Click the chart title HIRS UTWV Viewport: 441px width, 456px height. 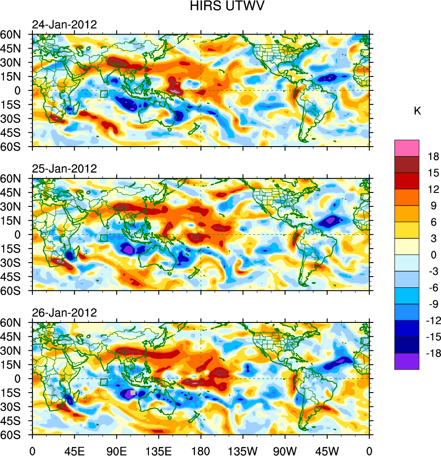tap(220, 6)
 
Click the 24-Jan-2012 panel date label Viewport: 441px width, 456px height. tap(64, 25)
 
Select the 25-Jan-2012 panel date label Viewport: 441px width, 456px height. tap(64, 169)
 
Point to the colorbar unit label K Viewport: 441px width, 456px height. tap(417, 111)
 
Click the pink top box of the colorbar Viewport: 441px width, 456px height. tap(407, 148)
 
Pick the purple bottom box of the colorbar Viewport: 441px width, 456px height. tap(407, 361)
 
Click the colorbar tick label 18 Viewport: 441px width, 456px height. tap(421, 156)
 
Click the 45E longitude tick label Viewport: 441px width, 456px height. tap(74, 450)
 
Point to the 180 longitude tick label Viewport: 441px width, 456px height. tap(201, 450)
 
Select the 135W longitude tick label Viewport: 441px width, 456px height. tap(243, 450)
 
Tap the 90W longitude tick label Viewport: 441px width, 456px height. tap(285, 450)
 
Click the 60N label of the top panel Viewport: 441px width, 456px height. tap(15, 34)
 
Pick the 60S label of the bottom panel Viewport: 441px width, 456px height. tap(15, 435)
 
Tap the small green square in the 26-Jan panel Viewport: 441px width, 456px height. tap(104, 382)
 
